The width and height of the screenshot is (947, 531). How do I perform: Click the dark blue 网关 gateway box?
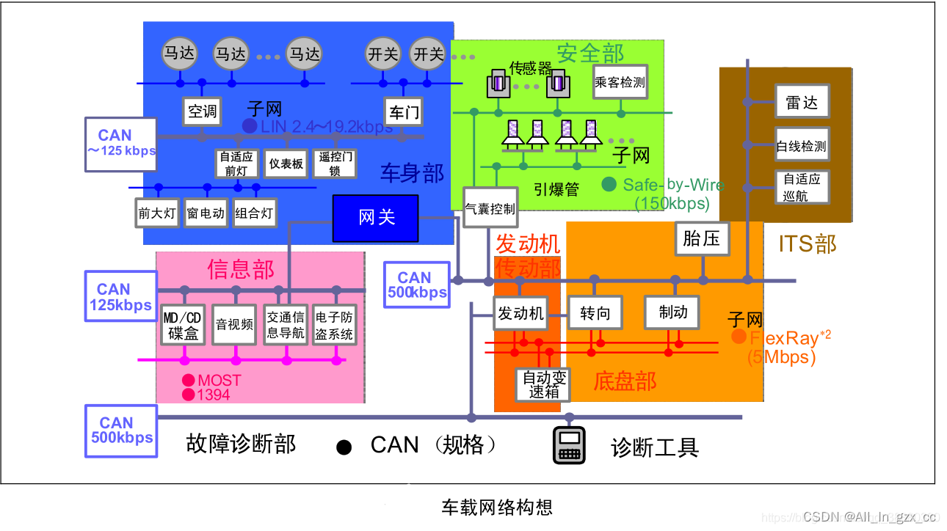click(x=375, y=218)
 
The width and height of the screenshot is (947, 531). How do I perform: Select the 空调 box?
click(x=202, y=111)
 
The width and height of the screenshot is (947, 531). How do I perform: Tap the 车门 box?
click(x=403, y=111)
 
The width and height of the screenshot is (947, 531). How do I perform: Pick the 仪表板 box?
click(x=286, y=164)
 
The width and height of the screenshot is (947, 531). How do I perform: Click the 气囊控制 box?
click(x=490, y=208)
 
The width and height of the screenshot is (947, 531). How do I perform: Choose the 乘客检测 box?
click(x=620, y=83)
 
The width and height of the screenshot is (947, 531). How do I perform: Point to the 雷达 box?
click(x=802, y=101)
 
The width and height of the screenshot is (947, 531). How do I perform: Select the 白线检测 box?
click(x=802, y=146)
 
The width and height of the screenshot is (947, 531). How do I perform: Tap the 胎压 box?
click(x=701, y=238)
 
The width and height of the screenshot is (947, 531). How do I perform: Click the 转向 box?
click(x=595, y=313)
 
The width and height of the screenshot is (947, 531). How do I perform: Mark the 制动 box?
click(x=672, y=312)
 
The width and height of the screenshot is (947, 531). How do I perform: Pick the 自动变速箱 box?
click(x=544, y=384)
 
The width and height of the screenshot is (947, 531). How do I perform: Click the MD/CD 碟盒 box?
click(x=183, y=325)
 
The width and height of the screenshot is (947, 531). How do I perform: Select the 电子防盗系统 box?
click(x=334, y=325)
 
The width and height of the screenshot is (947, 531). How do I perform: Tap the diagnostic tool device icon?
click(x=569, y=445)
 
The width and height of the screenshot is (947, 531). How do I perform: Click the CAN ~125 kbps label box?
click(x=120, y=144)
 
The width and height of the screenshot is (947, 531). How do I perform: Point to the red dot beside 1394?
click(x=189, y=395)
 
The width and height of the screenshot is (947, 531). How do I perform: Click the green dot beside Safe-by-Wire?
click(x=609, y=185)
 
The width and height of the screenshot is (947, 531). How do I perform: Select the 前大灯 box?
click(x=157, y=213)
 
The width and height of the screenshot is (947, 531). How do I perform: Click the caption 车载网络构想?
click(x=496, y=507)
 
